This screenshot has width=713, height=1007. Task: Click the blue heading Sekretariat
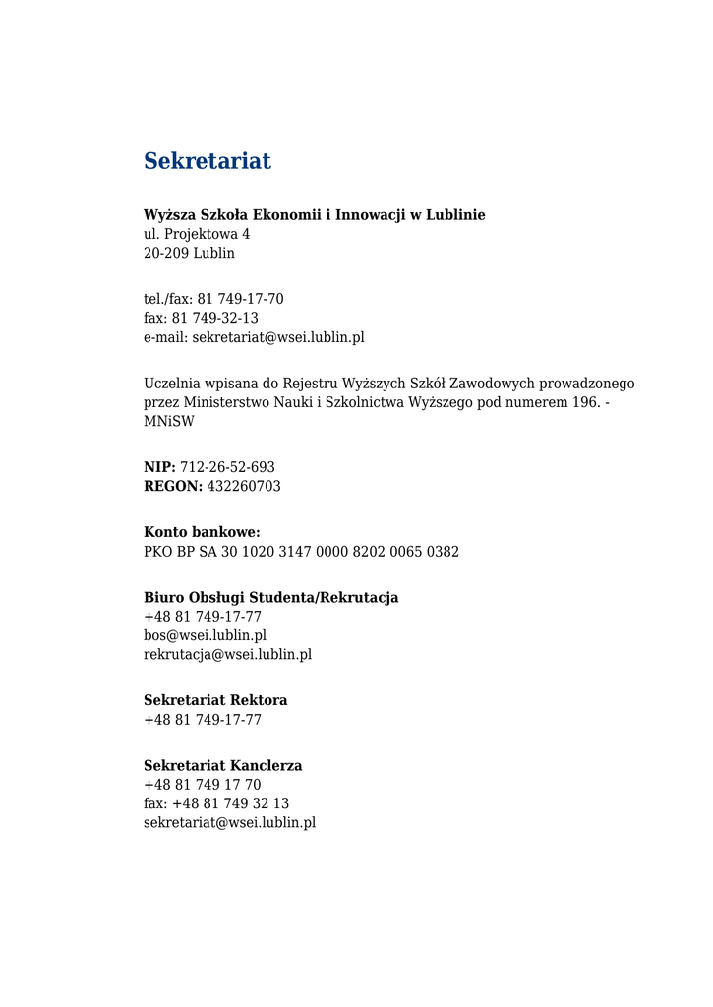point(207,161)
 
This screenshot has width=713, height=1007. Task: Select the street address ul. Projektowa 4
point(197,234)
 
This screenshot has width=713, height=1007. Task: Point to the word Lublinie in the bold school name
point(455,215)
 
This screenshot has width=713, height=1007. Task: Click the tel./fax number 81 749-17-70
point(240,299)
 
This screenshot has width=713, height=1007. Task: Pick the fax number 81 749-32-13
point(215,318)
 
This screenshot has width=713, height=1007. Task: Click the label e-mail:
point(166,337)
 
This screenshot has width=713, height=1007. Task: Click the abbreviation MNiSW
point(169,421)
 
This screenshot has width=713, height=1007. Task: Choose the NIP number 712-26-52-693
point(227,467)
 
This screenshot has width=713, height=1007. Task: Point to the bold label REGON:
point(173,487)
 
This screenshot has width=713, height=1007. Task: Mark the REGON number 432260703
point(244,487)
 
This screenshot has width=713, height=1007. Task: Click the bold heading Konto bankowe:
point(202,533)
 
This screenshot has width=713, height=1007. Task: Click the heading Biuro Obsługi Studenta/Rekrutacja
point(270,598)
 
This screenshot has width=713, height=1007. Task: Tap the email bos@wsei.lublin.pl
point(205,635)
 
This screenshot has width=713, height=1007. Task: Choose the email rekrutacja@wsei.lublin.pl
point(227,654)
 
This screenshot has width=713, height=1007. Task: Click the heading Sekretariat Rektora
point(215,701)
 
